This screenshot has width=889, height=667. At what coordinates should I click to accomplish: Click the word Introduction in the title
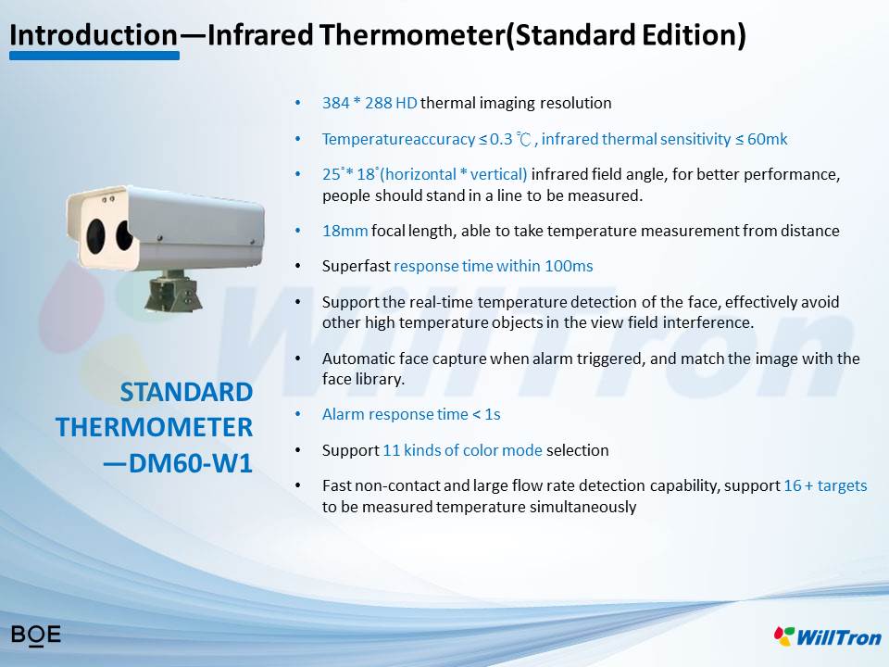pyautogui.click(x=94, y=34)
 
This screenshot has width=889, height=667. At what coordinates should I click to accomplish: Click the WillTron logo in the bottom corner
pyautogui.click(x=828, y=636)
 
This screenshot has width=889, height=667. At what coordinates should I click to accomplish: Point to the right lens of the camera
pyautogui.click(x=124, y=234)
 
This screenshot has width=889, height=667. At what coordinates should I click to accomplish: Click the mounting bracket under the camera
pyautogui.click(x=173, y=290)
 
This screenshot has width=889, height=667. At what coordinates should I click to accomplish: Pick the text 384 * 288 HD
pyautogui.click(x=369, y=103)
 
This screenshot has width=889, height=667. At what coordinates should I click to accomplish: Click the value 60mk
pyautogui.click(x=767, y=139)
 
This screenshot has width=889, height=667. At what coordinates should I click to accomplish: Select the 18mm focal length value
pyautogui.click(x=344, y=231)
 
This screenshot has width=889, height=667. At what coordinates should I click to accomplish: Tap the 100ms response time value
pyautogui.click(x=569, y=266)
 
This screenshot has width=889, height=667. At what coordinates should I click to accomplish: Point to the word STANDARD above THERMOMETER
pyautogui.click(x=186, y=392)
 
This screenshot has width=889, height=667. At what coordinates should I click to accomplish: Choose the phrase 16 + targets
pyautogui.click(x=825, y=485)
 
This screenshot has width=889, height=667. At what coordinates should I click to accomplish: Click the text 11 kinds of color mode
pyautogui.click(x=463, y=450)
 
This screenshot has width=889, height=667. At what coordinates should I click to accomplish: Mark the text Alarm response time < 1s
pyautogui.click(x=411, y=415)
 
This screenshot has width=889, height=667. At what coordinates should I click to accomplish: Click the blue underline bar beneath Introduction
pyautogui.click(x=94, y=56)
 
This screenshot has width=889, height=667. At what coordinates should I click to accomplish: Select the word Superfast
pyautogui.click(x=356, y=266)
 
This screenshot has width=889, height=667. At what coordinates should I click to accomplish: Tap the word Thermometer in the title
pyautogui.click(x=411, y=34)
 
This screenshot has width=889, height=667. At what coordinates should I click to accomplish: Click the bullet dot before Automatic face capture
pyautogui.click(x=298, y=359)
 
